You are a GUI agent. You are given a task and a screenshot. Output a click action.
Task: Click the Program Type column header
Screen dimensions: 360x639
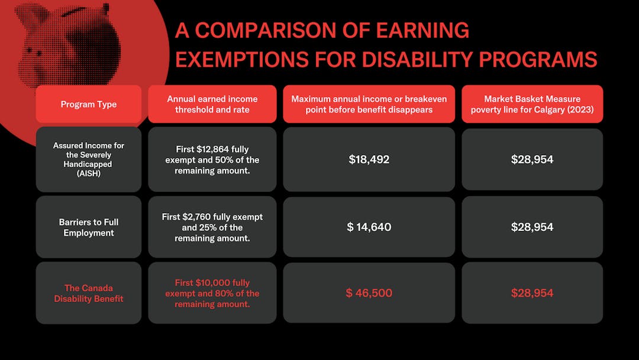(x=89, y=104)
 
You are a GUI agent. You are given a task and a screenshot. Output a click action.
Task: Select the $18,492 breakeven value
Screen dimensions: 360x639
(x=369, y=159)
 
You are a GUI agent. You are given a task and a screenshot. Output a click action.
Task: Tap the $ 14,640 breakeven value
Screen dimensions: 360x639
(x=369, y=227)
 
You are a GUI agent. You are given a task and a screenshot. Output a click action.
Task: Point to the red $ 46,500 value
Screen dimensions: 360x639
(x=369, y=293)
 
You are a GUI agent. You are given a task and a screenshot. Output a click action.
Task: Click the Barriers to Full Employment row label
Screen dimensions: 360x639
(x=89, y=227)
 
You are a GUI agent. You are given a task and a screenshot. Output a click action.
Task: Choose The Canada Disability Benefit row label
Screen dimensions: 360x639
(x=89, y=293)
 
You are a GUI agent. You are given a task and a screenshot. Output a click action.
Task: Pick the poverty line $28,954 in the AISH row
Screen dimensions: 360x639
(x=532, y=159)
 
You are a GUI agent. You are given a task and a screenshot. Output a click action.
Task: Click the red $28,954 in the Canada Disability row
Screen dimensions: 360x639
(x=532, y=293)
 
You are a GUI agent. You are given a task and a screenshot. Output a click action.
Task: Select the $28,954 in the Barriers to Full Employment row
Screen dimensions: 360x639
(x=532, y=227)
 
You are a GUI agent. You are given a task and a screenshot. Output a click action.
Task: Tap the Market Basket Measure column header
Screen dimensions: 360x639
(x=532, y=104)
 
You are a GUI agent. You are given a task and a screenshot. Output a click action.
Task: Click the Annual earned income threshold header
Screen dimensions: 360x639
(x=212, y=104)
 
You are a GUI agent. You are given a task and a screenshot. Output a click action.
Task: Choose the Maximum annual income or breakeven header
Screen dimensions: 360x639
(x=369, y=104)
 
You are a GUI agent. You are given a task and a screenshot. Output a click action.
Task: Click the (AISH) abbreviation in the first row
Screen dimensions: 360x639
(x=89, y=174)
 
